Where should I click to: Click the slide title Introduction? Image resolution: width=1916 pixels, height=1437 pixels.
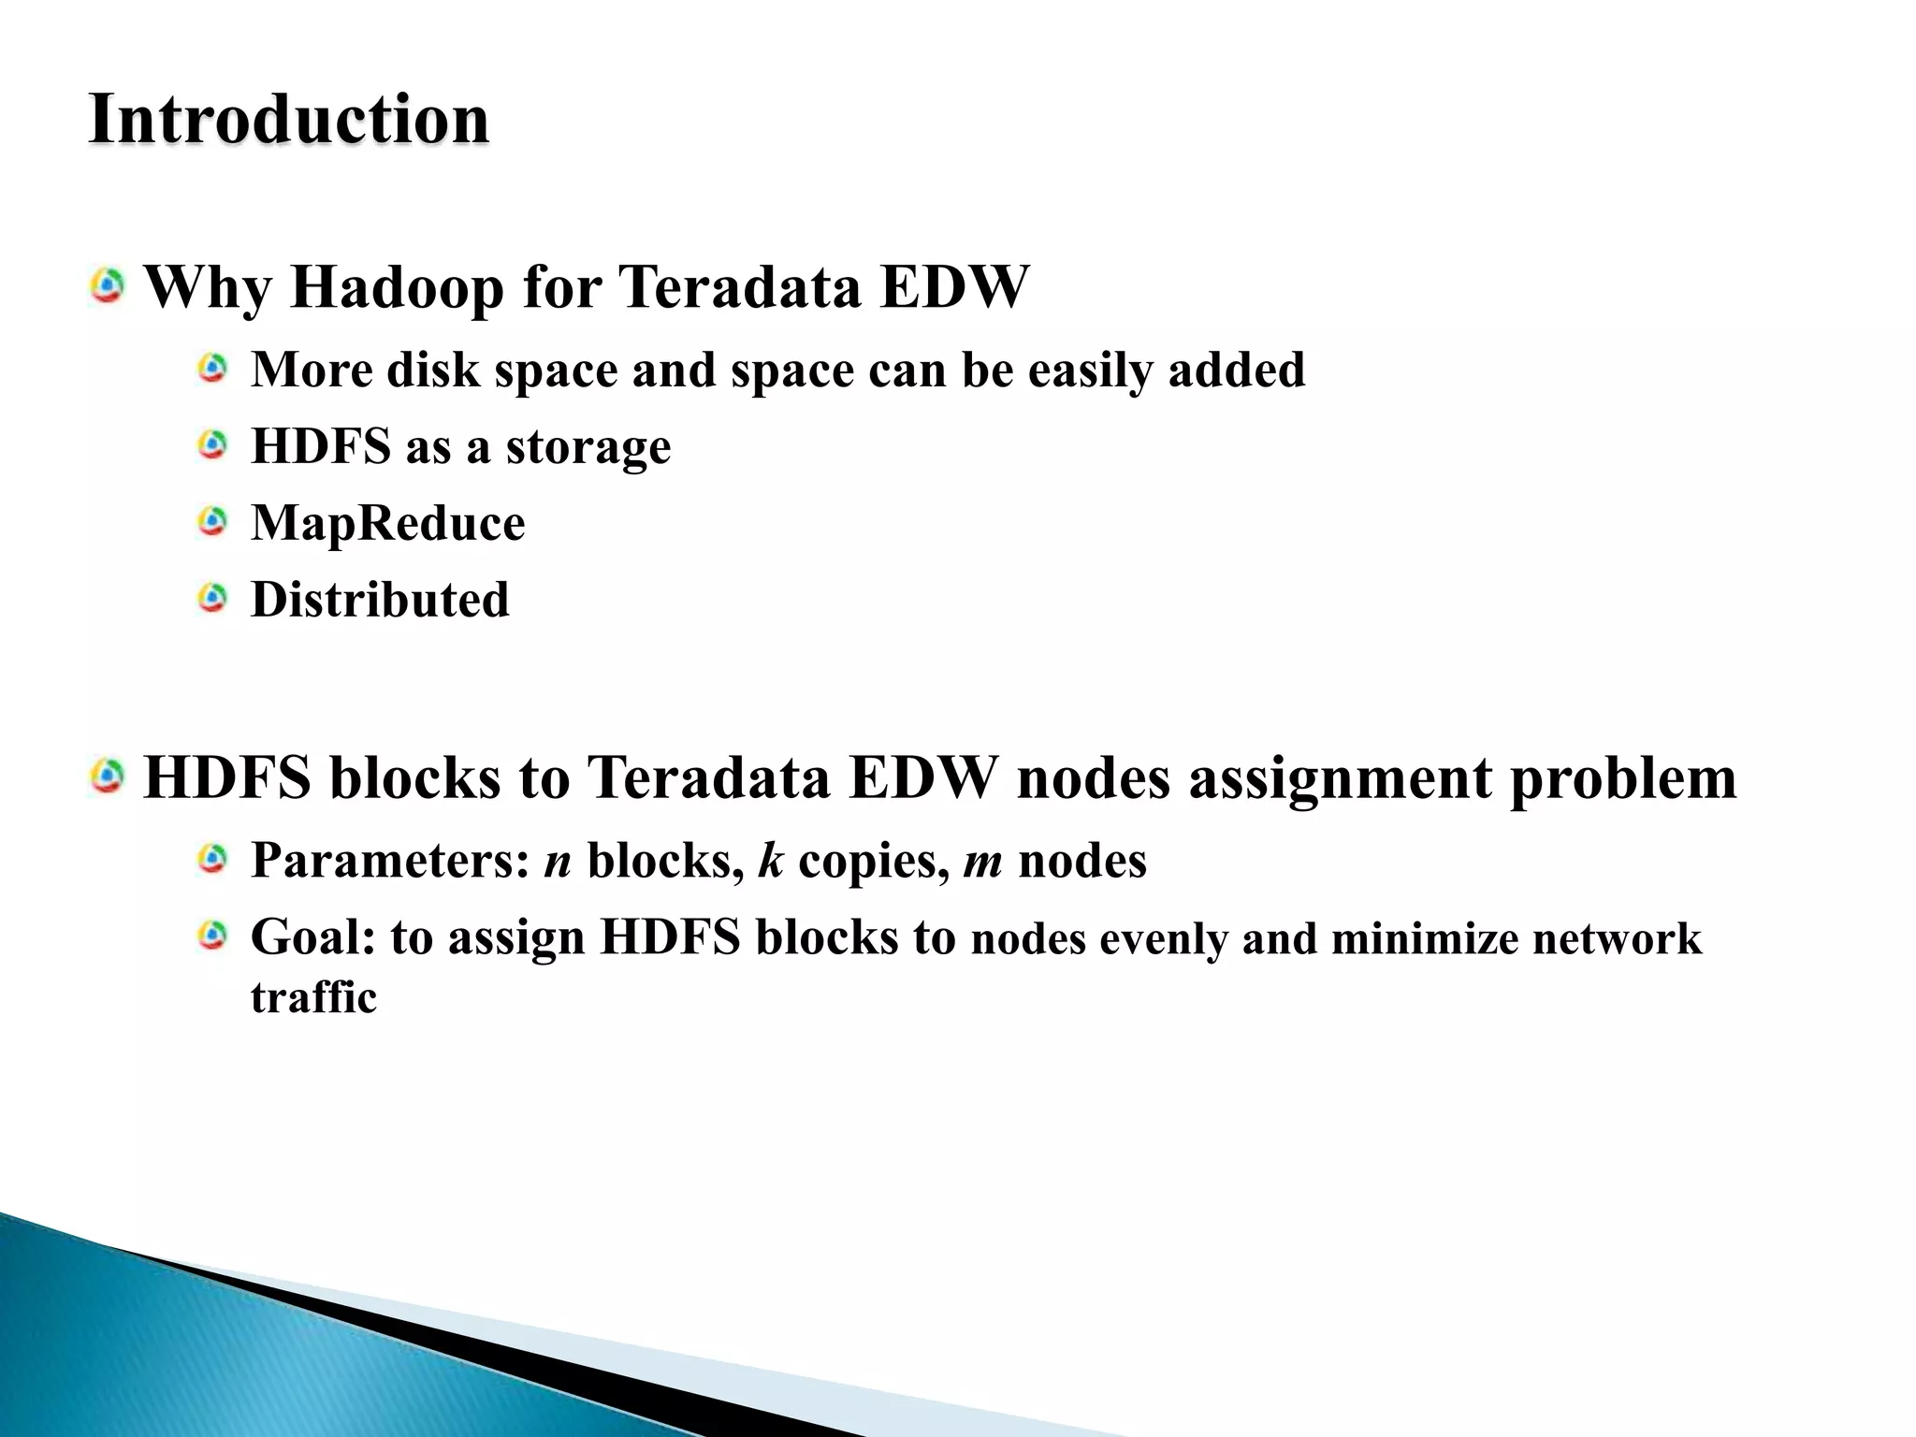(x=288, y=120)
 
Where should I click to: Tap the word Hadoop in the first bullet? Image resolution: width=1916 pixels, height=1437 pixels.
(x=398, y=287)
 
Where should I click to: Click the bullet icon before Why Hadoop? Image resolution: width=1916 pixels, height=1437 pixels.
(x=109, y=285)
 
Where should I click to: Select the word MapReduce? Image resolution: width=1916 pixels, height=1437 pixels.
(x=387, y=523)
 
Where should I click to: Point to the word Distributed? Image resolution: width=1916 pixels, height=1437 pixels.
(x=380, y=600)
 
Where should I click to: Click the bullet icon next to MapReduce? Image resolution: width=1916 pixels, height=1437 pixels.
(x=213, y=521)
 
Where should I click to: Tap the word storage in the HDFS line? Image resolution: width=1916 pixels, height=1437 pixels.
(x=588, y=447)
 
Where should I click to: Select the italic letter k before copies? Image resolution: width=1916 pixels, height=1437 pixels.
(x=770, y=861)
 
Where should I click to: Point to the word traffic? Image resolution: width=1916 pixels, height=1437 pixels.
(x=313, y=997)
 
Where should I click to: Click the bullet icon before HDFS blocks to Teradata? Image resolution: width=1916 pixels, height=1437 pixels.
(x=109, y=777)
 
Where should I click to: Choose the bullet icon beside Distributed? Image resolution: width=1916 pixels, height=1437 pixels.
(x=213, y=598)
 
